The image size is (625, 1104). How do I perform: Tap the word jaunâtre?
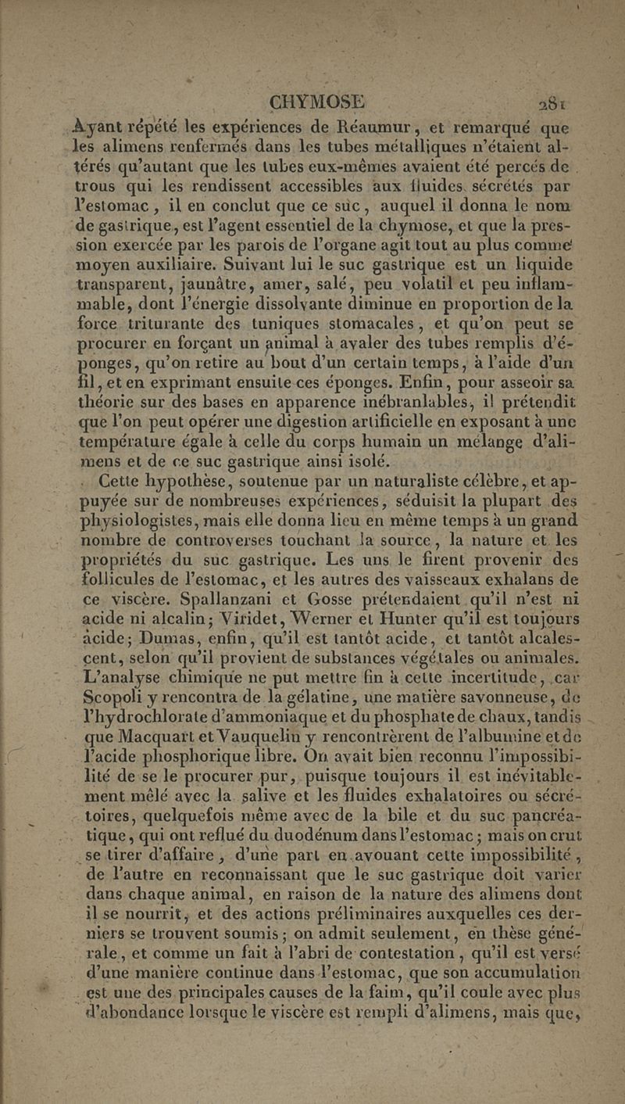pos(211,284)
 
